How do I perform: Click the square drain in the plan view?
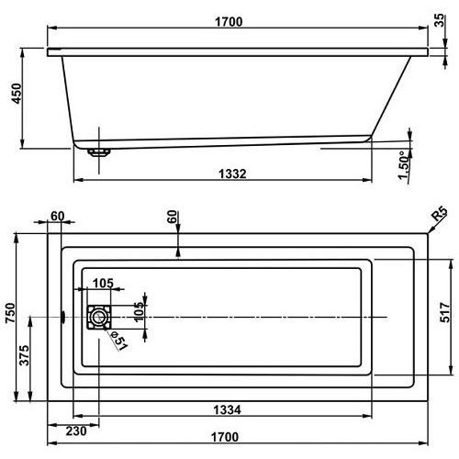click(97, 318)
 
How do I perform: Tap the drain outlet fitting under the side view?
click(97, 152)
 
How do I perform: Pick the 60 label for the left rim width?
click(58, 217)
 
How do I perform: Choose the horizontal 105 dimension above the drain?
click(103, 282)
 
